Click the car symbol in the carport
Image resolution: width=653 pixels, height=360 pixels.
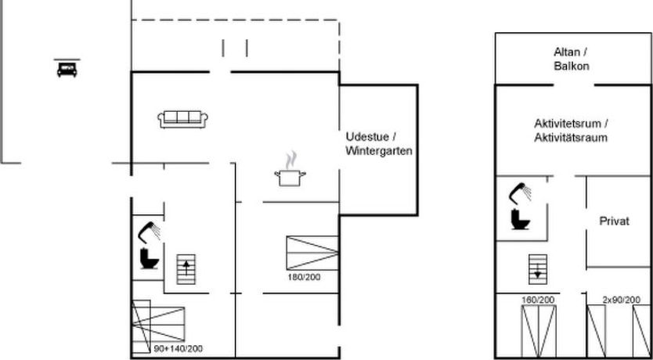pyautogui.click(x=67, y=69)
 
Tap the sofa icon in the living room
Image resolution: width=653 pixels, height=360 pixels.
pyautogui.click(x=182, y=119)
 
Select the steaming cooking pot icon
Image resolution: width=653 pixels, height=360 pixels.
pyautogui.click(x=290, y=169)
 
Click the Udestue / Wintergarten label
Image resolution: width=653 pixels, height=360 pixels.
pyautogui.click(x=379, y=144)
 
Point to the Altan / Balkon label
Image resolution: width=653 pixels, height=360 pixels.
pyautogui.click(x=571, y=59)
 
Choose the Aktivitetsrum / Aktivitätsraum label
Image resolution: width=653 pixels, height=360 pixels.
pyautogui.click(x=571, y=131)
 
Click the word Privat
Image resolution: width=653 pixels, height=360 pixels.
pyautogui.click(x=615, y=221)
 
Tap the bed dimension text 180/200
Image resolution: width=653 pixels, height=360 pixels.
pyautogui.click(x=304, y=277)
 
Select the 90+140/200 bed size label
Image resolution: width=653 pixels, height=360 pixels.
pyautogui.click(x=179, y=349)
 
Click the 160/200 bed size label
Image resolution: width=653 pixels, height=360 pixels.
pyautogui.click(x=538, y=300)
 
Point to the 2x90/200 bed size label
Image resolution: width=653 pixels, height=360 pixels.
pyautogui.click(x=622, y=300)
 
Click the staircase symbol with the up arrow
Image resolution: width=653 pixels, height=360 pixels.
pyautogui.click(x=186, y=269)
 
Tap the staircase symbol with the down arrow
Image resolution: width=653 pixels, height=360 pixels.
pyautogui.click(x=538, y=269)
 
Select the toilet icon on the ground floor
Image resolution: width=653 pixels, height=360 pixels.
pyautogui.click(x=150, y=259)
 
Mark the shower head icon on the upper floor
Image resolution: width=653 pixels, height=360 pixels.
pyautogui.click(x=520, y=193)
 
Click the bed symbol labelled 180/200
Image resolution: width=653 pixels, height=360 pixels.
pyautogui.click(x=312, y=253)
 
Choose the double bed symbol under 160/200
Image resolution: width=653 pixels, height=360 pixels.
pyautogui.click(x=539, y=331)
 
